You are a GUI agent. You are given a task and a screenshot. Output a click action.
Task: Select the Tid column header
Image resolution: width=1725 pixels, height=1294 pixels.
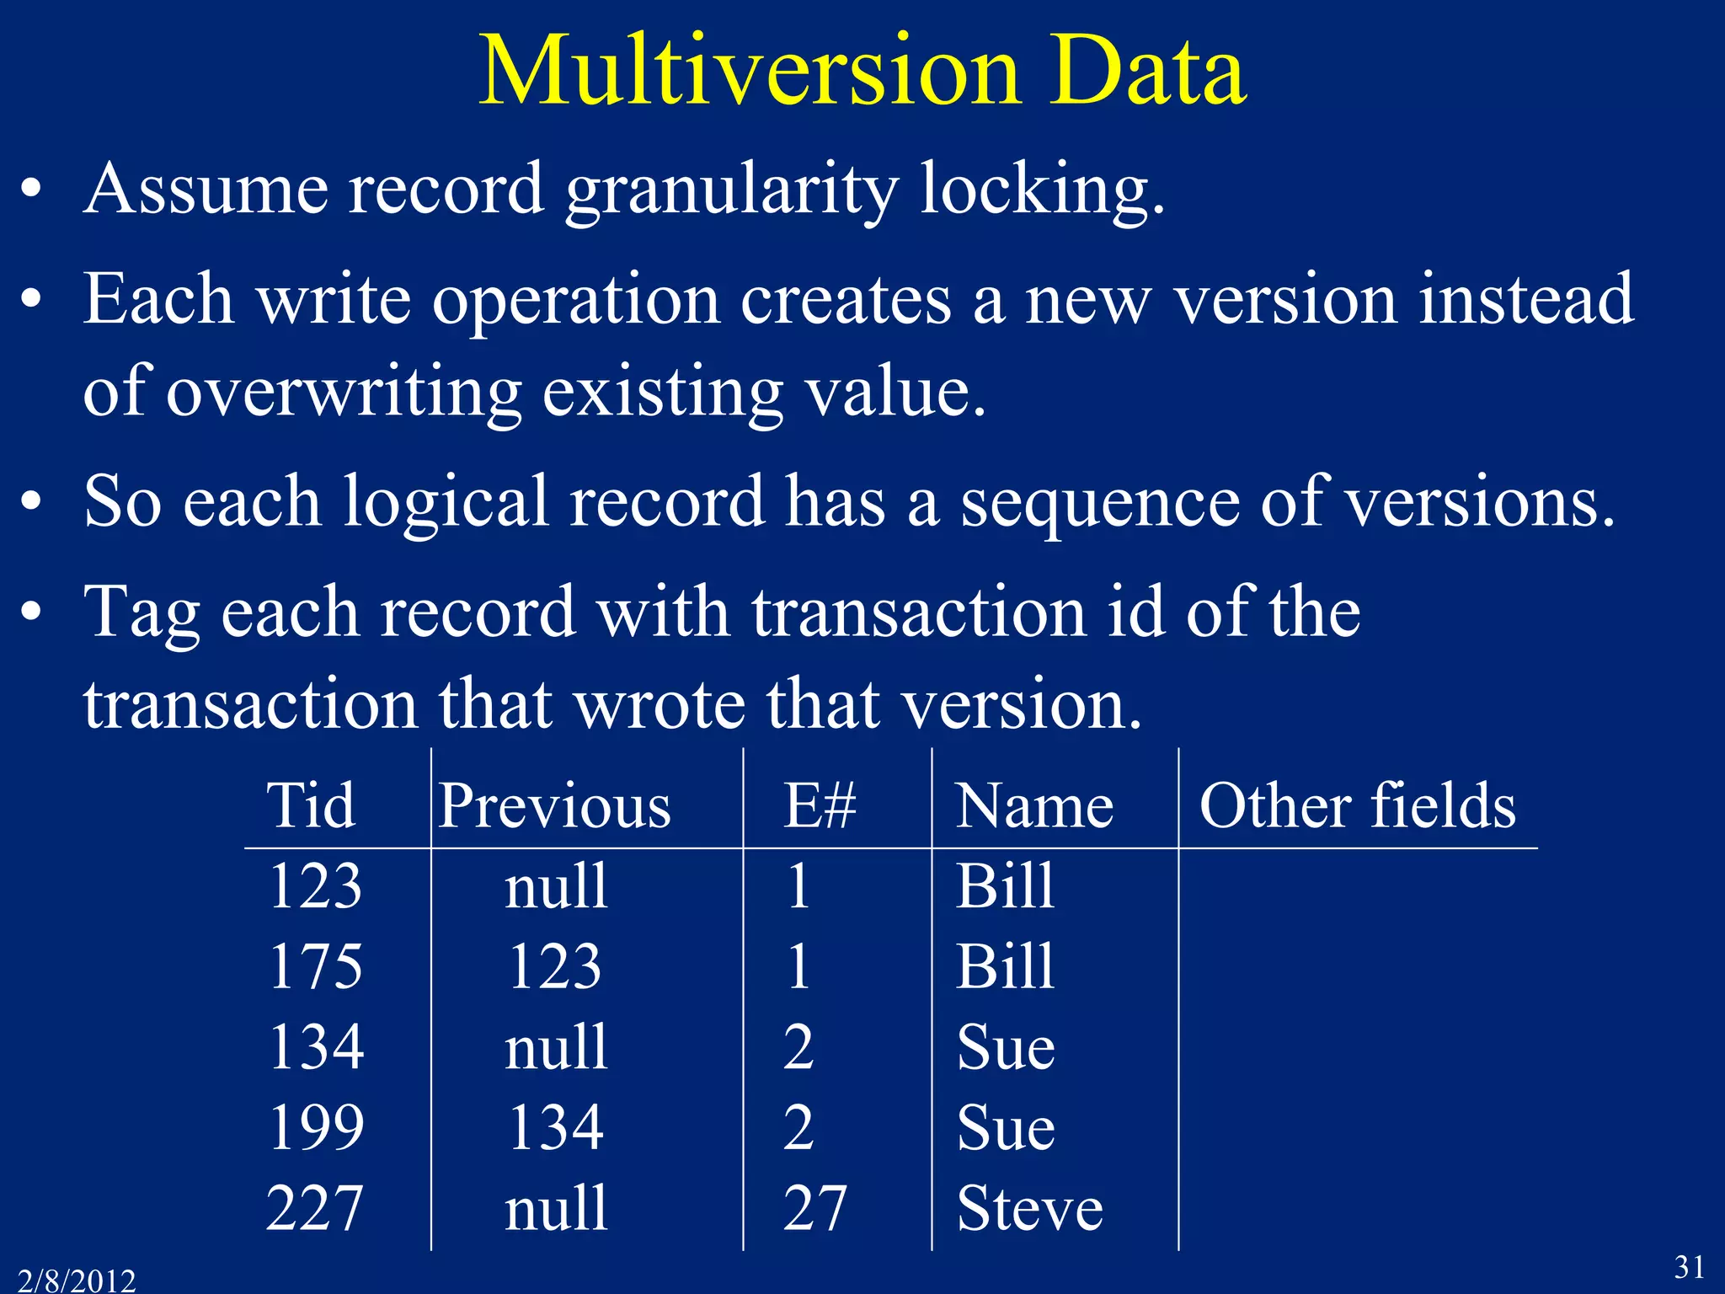click(311, 805)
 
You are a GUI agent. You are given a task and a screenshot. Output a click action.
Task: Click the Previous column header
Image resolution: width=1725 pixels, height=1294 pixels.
click(555, 805)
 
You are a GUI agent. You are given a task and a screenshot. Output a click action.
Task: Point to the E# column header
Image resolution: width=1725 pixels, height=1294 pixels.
click(820, 805)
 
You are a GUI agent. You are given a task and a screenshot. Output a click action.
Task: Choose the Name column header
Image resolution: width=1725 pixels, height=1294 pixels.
click(1034, 805)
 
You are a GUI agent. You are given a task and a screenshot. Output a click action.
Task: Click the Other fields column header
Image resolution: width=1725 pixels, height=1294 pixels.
click(1357, 805)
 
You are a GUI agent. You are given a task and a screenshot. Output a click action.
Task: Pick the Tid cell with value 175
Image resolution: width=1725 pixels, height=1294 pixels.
click(316, 966)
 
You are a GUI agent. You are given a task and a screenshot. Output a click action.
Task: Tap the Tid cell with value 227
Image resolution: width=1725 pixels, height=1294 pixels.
click(315, 1208)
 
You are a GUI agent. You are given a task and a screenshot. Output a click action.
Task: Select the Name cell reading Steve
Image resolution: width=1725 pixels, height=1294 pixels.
click(1029, 1208)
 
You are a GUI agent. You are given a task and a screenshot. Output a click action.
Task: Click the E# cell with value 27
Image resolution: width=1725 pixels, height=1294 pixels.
click(814, 1208)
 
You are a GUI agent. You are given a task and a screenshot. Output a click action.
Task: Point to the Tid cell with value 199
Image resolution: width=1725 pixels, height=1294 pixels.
click(317, 1127)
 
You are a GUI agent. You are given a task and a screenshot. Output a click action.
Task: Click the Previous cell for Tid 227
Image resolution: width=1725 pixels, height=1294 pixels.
click(556, 1208)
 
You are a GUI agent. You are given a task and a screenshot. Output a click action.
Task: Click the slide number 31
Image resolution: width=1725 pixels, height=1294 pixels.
click(1689, 1267)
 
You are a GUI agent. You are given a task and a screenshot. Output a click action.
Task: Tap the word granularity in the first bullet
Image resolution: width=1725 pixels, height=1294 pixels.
click(732, 190)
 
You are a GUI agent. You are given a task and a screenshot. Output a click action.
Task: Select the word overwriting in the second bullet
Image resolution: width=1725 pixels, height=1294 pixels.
click(344, 393)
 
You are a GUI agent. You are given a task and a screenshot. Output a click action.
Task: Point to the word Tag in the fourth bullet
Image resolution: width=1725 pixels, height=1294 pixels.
click(142, 613)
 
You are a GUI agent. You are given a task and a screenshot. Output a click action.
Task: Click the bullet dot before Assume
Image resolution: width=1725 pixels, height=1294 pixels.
click(32, 190)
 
